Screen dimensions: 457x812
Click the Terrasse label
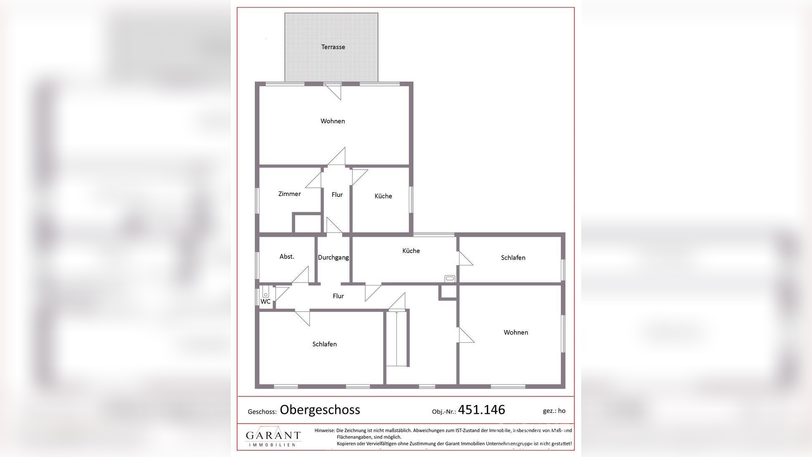coord(333,47)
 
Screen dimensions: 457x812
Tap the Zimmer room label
coord(289,194)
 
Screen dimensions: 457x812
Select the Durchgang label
coord(333,258)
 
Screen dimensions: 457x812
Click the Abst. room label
coord(287,257)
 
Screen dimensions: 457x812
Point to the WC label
coord(265,302)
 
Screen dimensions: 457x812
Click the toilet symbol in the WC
coord(266,292)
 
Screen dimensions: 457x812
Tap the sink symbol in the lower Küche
coord(450,278)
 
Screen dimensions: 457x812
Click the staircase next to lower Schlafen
coord(397,338)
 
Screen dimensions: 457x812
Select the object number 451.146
coord(481,410)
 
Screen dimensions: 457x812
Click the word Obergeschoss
coord(320,410)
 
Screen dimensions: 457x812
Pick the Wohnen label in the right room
coord(516,332)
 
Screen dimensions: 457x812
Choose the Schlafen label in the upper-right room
coord(513,258)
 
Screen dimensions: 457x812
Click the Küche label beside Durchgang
coord(411,251)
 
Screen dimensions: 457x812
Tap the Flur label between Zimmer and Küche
coord(337,194)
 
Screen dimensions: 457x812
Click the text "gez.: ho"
coord(554,411)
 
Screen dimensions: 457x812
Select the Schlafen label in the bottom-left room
coord(324,344)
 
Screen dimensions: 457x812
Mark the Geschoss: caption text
coord(262,412)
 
